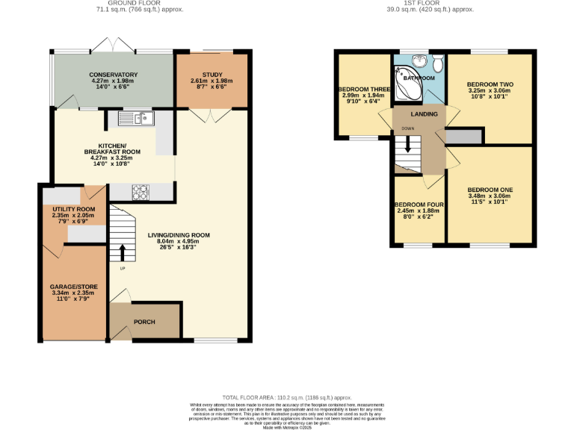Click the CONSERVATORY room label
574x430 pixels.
click(x=114, y=75)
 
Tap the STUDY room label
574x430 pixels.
click(x=212, y=75)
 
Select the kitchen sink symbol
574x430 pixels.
click(x=135, y=117)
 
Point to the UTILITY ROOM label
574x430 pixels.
click(x=68, y=209)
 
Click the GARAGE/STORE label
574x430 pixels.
click(x=74, y=287)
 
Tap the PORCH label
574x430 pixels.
click(x=144, y=322)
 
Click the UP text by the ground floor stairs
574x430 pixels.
click(x=121, y=268)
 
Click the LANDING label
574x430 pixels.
click(x=419, y=113)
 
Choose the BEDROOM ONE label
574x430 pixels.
click(x=490, y=190)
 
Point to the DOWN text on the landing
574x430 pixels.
click(x=407, y=128)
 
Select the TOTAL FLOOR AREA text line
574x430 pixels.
click(x=287, y=397)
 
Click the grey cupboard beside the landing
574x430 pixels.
click(x=464, y=136)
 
